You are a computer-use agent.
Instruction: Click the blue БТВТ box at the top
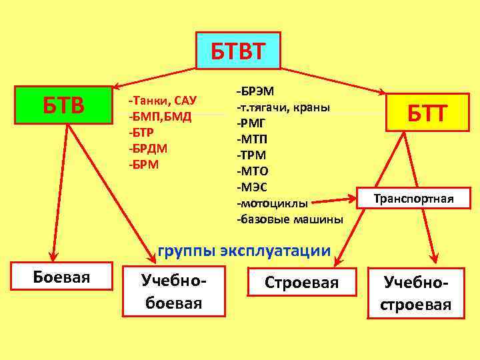(x=238, y=51)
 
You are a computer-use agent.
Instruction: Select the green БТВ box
(x=63, y=105)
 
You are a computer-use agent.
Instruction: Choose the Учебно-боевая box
(x=174, y=293)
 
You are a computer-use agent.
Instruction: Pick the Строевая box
(x=302, y=283)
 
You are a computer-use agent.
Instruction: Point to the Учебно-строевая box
(x=417, y=293)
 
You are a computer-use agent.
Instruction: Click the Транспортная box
(x=413, y=199)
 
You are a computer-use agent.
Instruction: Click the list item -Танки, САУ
(x=162, y=101)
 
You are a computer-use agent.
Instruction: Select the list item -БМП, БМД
(x=160, y=117)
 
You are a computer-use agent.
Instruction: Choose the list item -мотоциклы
(x=272, y=203)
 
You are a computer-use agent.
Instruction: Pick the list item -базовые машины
(x=290, y=219)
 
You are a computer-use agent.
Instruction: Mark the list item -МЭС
(x=254, y=187)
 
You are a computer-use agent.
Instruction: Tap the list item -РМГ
(x=253, y=123)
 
